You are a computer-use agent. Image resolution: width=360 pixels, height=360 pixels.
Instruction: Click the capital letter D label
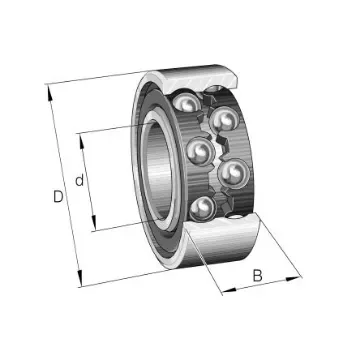59,197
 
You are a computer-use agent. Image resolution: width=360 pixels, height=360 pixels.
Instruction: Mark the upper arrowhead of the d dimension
82,132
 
